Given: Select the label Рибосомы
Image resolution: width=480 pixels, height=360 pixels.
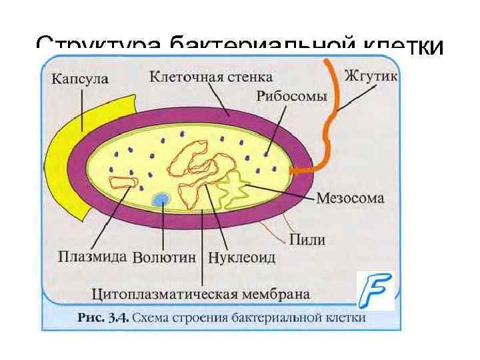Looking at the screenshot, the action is tap(292, 96).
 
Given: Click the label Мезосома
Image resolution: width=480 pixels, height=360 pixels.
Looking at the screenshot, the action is tap(349, 198).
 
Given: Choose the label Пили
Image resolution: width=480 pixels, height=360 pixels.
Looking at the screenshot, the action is tap(307, 239).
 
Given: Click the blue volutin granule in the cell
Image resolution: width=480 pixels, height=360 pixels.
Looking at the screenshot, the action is tap(161, 199).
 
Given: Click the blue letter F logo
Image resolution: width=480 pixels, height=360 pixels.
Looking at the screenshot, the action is tap(375, 291).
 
